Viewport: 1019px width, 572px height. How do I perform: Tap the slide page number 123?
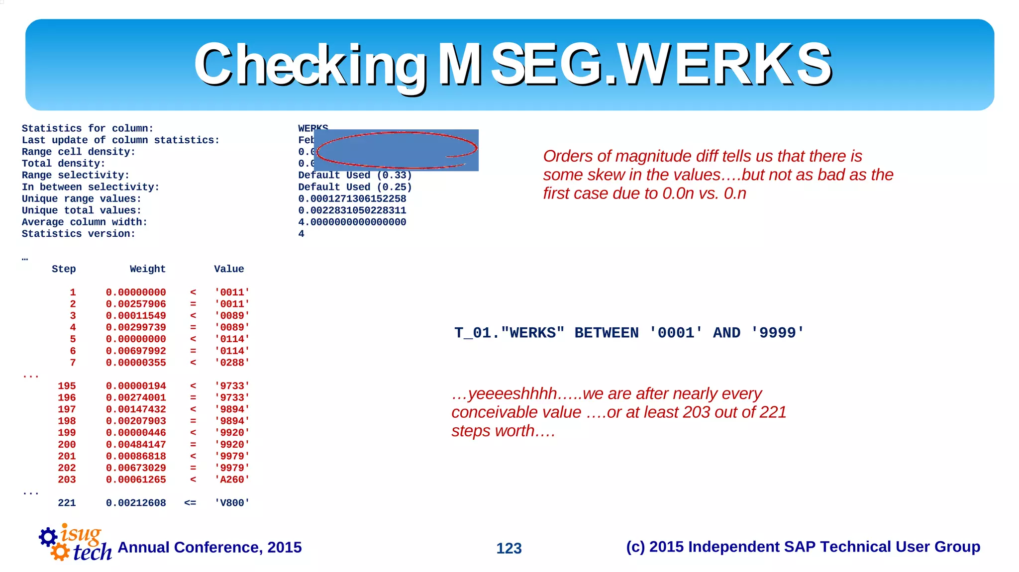click(x=509, y=548)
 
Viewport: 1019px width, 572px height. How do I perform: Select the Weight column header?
click(x=147, y=269)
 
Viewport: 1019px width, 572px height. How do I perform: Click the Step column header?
click(x=64, y=269)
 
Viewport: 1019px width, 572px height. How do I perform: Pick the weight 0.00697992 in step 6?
click(x=136, y=351)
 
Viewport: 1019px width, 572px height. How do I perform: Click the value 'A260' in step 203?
click(x=232, y=480)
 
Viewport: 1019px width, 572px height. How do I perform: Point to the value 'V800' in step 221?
click(x=232, y=503)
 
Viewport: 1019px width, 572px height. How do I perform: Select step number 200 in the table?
click(x=67, y=445)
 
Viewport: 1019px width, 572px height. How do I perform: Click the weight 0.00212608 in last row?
click(x=136, y=503)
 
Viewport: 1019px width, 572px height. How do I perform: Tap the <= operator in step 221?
click(x=190, y=503)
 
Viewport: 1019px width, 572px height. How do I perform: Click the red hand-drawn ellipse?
click(x=397, y=150)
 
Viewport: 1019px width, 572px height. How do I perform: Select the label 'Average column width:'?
click(x=85, y=222)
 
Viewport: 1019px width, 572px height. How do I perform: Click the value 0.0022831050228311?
click(x=352, y=210)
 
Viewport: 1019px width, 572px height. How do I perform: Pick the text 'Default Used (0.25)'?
click(x=355, y=187)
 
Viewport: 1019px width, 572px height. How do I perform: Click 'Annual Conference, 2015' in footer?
click(x=209, y=547)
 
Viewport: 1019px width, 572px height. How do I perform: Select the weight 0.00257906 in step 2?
click(x=136, y=304)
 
